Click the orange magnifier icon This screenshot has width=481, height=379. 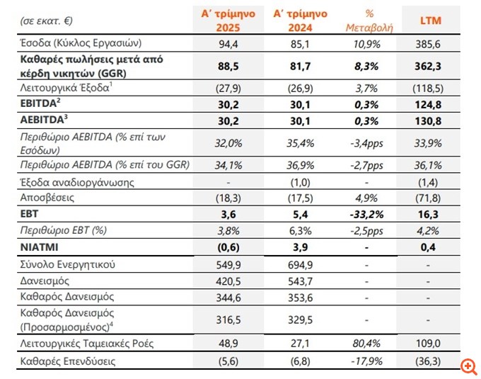(x=468, y=366)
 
